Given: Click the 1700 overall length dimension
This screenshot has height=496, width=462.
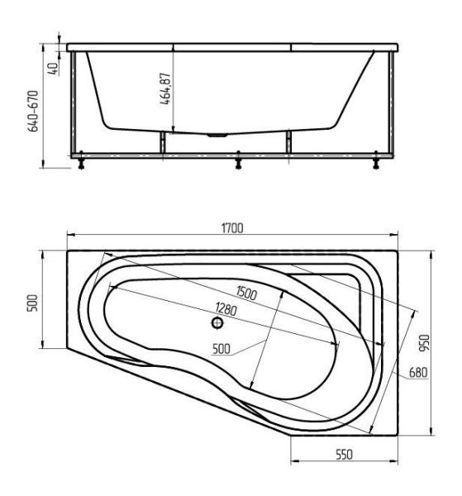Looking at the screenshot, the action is pos(232,228).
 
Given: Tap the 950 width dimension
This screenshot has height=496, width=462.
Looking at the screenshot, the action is pos(424,343).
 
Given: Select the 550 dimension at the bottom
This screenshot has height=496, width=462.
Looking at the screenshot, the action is pos(344,455).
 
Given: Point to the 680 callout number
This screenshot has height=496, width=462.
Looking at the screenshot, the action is pos(418,372).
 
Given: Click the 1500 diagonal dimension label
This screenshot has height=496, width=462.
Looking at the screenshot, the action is pos(246,293).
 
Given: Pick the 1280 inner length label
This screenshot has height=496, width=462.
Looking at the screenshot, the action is pos(226,308).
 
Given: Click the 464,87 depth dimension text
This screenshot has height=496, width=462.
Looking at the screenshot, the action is pos(165,89).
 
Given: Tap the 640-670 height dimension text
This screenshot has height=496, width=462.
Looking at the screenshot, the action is pos(33,111).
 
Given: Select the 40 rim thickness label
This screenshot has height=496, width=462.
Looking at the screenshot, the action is pos(53,69).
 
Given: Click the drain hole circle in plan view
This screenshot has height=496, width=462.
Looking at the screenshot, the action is pos(217,323).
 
